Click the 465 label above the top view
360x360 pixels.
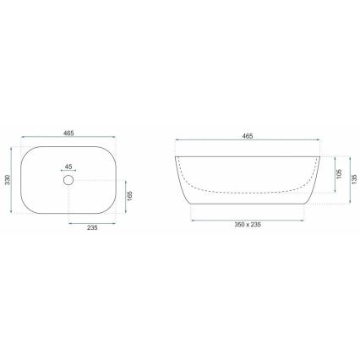[x=68, y=134]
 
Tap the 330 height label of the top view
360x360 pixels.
[x=8, y=180]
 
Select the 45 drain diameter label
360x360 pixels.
[x=68, y=166]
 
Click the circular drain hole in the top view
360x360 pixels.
[x=68, y=180]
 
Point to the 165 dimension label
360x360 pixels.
[x=129, y=196]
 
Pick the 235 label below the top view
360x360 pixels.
[x=92, y=227]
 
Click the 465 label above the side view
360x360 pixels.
[x=248, y=136]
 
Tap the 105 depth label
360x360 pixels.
[x=339, y=174]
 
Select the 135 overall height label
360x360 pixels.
[x=354, y=179]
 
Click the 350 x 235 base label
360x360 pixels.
[x=248, y=225]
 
